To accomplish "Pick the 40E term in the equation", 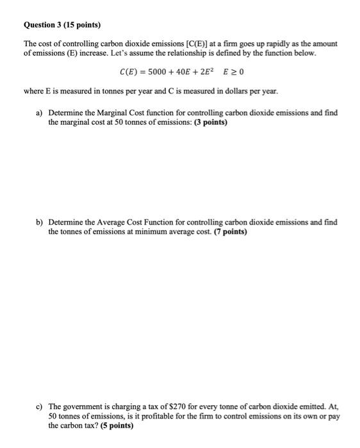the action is [x=183, y=71].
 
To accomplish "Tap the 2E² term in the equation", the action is [x=208, y=71].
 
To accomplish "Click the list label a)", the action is [x=39, y=113].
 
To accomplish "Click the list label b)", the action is [x=39, y=222].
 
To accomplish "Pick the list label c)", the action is [x=39, y=406].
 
